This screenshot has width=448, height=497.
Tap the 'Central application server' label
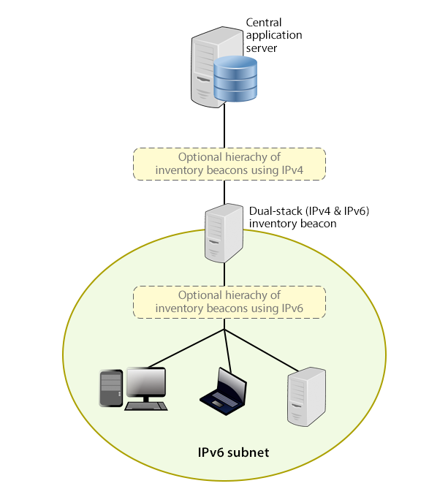273,35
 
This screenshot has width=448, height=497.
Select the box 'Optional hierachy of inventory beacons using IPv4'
229,164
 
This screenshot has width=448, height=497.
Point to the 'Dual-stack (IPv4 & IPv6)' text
310,211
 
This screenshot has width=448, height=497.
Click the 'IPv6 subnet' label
234,452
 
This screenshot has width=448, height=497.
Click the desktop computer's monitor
146,383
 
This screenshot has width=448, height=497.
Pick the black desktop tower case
110,388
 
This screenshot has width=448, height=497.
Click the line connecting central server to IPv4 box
224,128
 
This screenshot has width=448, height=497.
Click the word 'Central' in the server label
263,23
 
